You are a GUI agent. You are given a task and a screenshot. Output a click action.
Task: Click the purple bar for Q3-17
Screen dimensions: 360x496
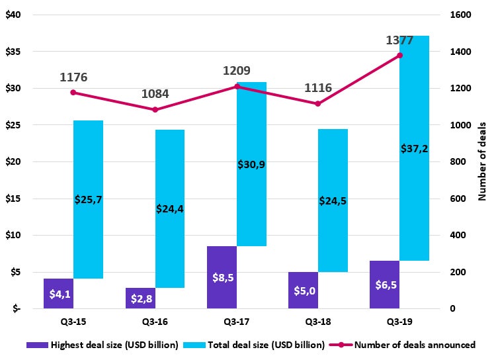pyautogui.click(x=222, y=277)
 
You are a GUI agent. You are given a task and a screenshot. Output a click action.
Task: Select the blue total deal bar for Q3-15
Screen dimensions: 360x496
pyautogui.click(x=88, y=199)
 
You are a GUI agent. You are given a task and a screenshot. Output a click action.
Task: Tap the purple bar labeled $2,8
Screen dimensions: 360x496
pyautogui.click(x=140, y=298)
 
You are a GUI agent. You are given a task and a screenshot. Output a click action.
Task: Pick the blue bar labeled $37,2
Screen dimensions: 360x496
pyautogui.click(x=414, y=148)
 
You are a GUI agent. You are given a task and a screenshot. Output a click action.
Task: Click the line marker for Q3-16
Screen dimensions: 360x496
pyautogui.click(x=155, y=110)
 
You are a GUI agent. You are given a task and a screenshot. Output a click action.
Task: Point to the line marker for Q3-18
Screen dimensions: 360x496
pyautogui.click(x=318, y=104)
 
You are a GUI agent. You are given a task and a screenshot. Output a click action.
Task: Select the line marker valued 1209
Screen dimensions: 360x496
pyautogui.click(x=237, y=87)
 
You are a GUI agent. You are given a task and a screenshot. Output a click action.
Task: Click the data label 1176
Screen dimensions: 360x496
pyautogui.click(x=73, y=77)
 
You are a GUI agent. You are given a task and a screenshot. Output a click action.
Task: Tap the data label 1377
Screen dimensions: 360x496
pyautogui.click(x=399, y=41)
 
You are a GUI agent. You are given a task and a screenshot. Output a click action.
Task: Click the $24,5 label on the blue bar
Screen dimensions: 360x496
pyautogui.click(x=333, y=201)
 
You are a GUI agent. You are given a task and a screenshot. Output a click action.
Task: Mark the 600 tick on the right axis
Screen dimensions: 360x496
pyautogui.click(x=456, y=199)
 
